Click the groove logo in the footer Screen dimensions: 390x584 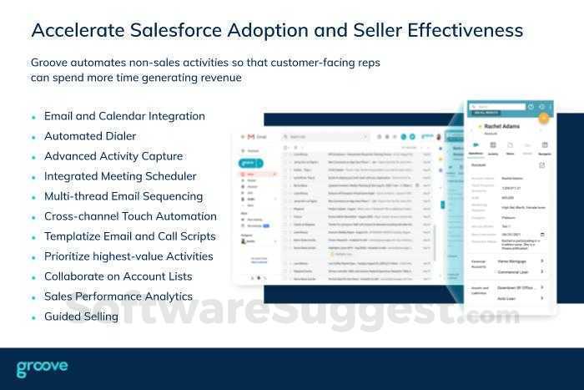[x=42, y=367]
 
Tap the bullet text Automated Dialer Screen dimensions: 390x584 [x=90, y=136]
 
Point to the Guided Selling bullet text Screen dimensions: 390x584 [x=82, y=317]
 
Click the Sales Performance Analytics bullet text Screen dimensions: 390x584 [x=118, y=296]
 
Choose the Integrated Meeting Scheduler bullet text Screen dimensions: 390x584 [x=120, y=176]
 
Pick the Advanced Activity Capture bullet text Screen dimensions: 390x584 [x=113, y=156]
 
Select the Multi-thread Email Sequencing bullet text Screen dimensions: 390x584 [x=123, y=196]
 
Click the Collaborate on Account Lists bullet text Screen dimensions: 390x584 [x=118, y=276]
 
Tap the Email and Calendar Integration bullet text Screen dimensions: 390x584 [x=124, y=116]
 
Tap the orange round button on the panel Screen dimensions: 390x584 [x=543, y=118]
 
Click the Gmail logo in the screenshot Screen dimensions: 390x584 [x=246, y=136]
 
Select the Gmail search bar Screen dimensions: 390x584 [x=334, y=136]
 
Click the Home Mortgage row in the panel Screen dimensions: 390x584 [x=512, y=261]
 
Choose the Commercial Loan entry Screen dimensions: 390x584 [x=512, y=272]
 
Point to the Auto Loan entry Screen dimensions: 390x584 [x=506, y=296]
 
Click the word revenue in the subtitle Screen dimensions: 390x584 [x=219, y=78]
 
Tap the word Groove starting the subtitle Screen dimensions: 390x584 [x=51, y=63]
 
